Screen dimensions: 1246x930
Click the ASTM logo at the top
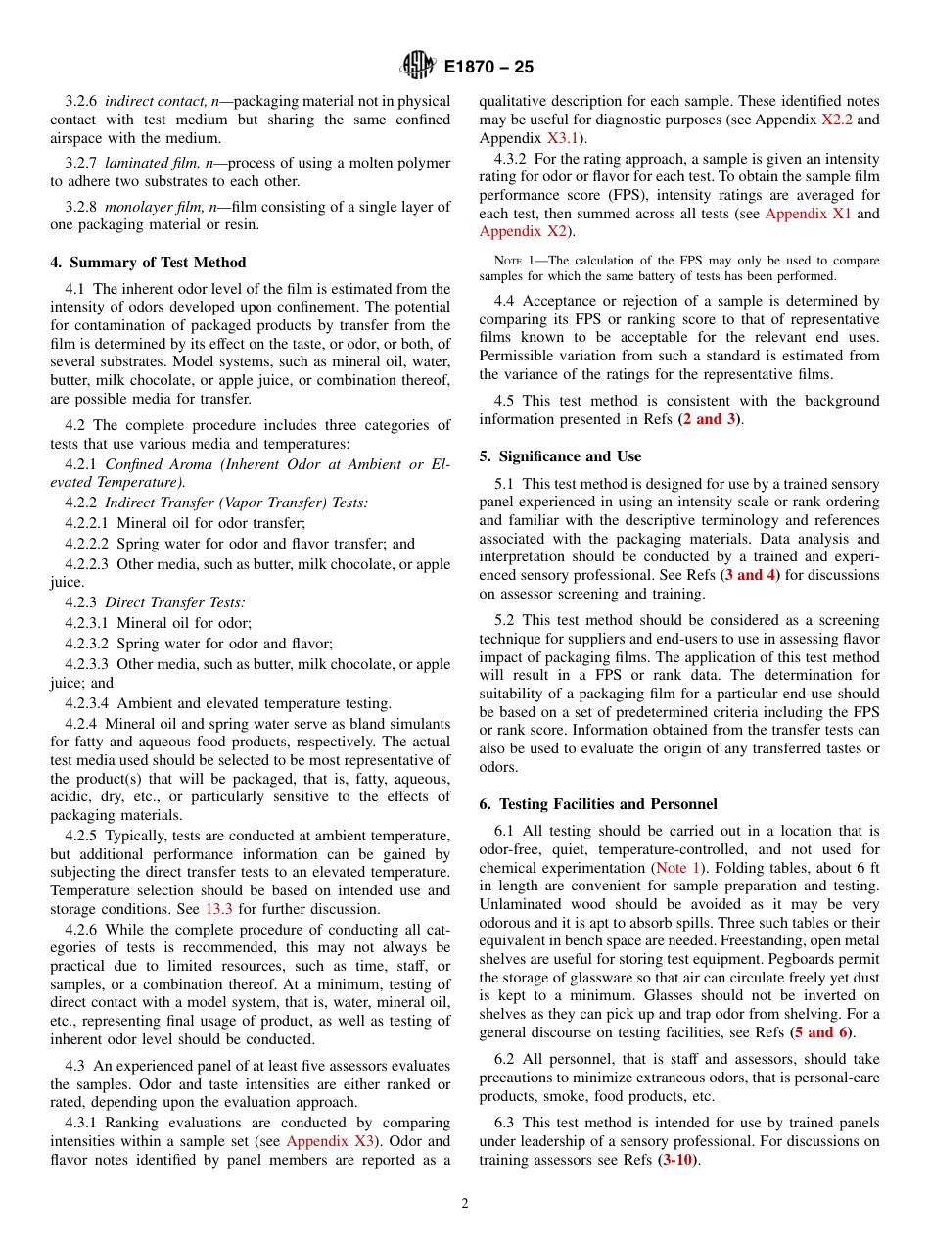(x=417, y=67)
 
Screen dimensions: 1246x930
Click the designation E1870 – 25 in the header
(x=488, y=68)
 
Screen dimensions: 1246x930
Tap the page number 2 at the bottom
(x=465, y=1204)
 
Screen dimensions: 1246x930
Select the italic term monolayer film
(x=153, y=206)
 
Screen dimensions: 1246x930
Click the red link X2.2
(x=837, y=120)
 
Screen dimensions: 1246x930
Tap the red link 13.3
(x=218, y=908)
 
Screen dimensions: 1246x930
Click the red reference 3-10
(x=675, y=1160)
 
